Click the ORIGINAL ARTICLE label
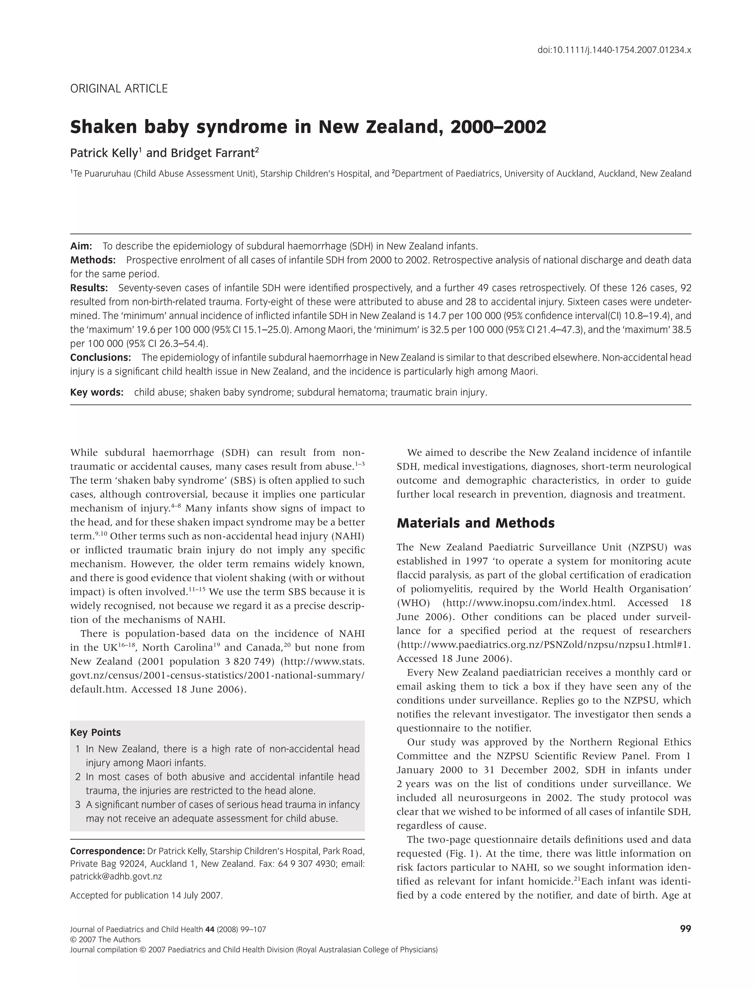(x=119, y=89)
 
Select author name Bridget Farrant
(x=213, y=153)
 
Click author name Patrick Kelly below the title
(x=103, y=153)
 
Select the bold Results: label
(x=89, y=288)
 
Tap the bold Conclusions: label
(x=100, y=357)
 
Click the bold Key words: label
(x=97, y=392)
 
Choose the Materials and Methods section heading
(x=476, y=523)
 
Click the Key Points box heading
(x=95, y=732)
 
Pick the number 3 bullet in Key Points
(x=78, y=804)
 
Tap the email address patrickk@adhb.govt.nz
(x=116, y=876)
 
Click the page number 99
(x=685, y=929)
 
